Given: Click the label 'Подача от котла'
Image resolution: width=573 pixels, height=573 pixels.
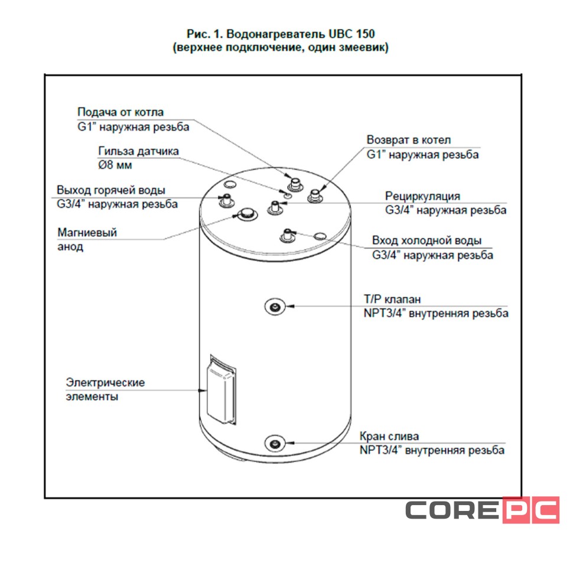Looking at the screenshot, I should tap(121, 112).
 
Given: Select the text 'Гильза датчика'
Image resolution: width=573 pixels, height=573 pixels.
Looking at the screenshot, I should tap(138, 151).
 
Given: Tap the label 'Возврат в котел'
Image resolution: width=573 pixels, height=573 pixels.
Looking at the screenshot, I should tap(409, 140).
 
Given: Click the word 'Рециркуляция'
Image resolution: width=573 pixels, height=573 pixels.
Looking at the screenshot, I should tap(422, 196).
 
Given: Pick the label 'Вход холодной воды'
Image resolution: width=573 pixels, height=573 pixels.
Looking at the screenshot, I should tap(427, 241).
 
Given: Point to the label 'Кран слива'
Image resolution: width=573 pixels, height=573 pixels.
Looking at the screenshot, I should tap(389, 437).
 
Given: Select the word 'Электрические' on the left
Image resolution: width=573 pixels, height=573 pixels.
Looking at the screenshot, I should tap(105, 382).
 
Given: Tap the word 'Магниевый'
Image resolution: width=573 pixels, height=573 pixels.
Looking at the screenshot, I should tap(87, 233).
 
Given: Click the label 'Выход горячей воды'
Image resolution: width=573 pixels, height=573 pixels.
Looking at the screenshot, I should tap(111, 190).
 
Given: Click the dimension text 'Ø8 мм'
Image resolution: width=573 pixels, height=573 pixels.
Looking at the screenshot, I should tap(115, 165).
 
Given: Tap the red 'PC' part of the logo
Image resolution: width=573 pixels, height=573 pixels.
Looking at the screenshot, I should tap(530, 510).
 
